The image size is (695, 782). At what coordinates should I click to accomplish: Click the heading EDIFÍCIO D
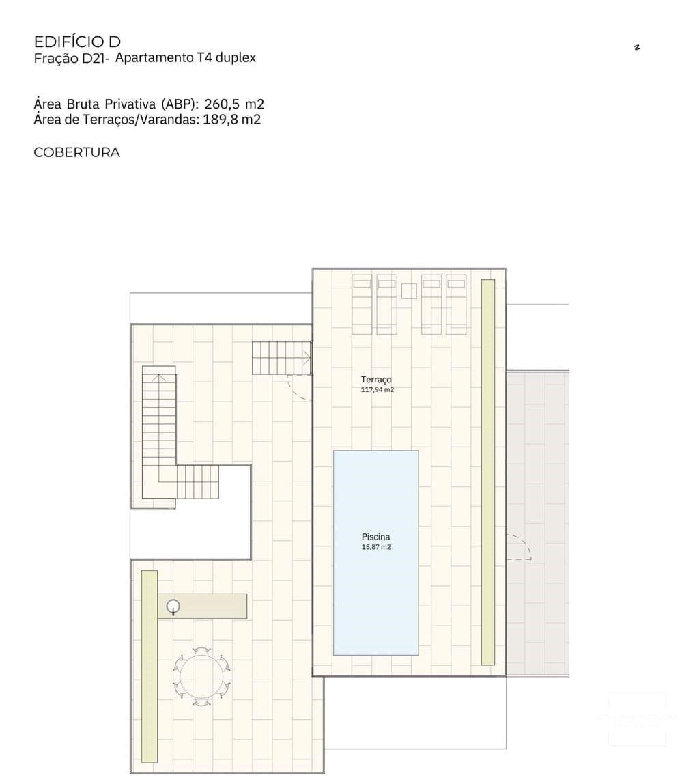click(77, 42)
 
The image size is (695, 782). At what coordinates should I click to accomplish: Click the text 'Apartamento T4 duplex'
click(186, 58)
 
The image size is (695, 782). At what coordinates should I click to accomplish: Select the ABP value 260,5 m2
click(234, 104)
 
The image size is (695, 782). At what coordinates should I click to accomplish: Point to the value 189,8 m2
click(232, 120)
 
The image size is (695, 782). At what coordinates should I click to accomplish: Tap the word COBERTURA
click(76, 152)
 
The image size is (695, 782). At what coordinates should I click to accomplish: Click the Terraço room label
click(376, 379)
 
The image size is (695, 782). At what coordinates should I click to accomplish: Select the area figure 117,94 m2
click(378, 390)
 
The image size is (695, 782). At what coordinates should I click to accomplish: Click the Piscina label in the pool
click(375, 537)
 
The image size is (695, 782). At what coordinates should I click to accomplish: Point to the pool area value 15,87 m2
click(375, 547)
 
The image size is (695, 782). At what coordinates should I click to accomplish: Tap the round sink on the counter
click(173, 605)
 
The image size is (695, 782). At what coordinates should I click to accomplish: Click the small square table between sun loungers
click(409, 291)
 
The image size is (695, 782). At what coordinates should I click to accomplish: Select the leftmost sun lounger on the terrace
click(362, 304)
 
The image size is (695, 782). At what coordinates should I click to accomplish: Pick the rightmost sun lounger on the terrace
click(456, 304)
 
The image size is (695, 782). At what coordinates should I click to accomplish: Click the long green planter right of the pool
click(487, 471)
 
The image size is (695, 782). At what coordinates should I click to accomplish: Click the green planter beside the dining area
click(149, 666)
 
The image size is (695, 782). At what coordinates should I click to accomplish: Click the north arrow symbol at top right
click(636, 47)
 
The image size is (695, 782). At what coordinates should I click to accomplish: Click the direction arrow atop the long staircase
click(158, 377)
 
